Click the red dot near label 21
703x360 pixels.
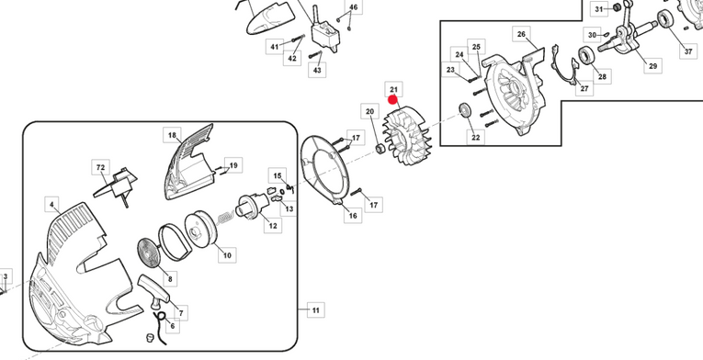pos(393,101)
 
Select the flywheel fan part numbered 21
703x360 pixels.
pos(407,135)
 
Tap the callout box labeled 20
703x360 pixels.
pos(370,111)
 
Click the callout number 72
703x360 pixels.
pos(100,167)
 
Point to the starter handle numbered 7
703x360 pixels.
pos(153,291)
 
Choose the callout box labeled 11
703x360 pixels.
pos(316,309)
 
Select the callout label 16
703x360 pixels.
pos(353,216)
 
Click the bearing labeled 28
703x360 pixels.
pos(585,56)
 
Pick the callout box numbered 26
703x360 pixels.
pos(521,34)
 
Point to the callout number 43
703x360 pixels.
pos(317,70)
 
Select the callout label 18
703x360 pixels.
pos(172,135)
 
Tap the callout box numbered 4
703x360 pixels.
pos(52,205)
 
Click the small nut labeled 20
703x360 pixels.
pos(380,149)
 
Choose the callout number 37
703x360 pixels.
pos(688,51)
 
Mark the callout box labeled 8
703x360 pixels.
pos(170,279)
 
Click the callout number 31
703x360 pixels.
pos(599,9)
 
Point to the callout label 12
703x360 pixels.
pos(273,225)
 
